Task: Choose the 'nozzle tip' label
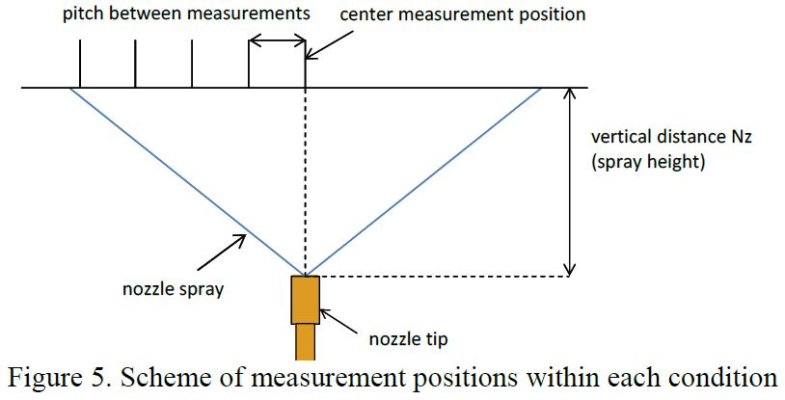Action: tap(409, 338)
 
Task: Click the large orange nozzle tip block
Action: tap(305, 300)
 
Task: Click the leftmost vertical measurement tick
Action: tap(79, 67)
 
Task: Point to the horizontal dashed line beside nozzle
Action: tap(444, 277)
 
